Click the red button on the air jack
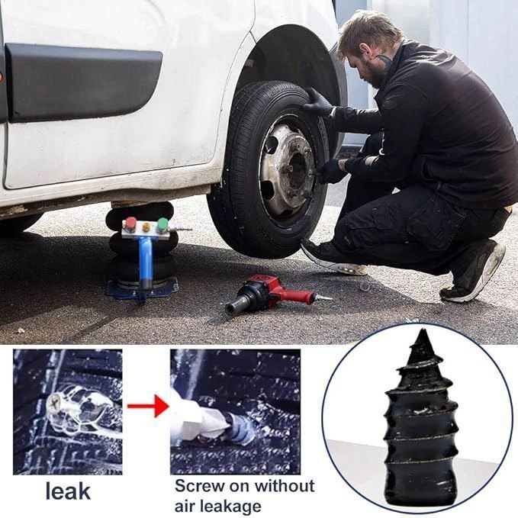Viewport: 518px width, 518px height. coord(130,224)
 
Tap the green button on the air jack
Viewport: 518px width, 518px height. coord(162,224)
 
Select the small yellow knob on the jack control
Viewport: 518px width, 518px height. coord(146,227)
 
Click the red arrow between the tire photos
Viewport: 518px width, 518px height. coord(146,406)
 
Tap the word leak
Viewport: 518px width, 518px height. coord(68,491)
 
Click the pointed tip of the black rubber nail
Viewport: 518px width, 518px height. coord(422,330)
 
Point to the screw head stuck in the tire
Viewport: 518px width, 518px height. coord(53,403)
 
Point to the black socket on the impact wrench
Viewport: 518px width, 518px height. coord(237,304)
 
